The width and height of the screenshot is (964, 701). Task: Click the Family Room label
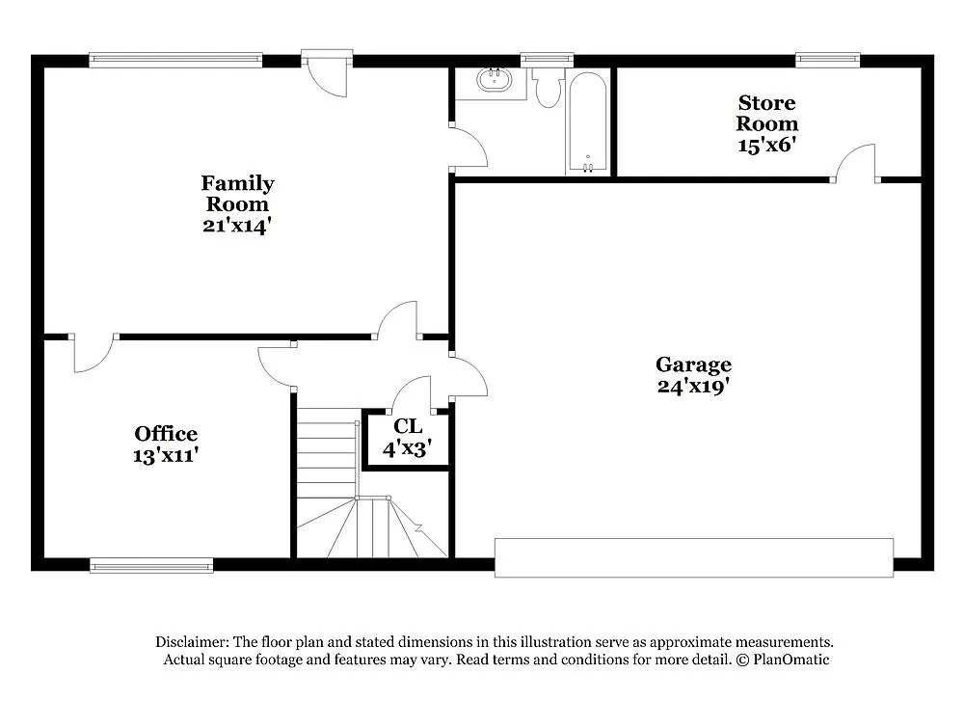click(x=237, y=193)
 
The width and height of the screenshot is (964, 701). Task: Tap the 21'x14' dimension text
click(x=237, y=226)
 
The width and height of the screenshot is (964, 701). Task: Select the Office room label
click(x=166, y=434)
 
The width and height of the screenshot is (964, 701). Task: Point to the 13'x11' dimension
click(x=166, y=455)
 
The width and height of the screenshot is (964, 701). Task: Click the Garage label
click(x=693, y=364)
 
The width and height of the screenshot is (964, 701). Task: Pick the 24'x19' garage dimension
click(x=693, y=387)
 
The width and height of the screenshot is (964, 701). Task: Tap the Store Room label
click(x=767, y=113)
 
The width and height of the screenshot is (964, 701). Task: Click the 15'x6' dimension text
click(x=767, y=145)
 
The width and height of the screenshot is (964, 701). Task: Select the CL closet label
click(x=408, y=426)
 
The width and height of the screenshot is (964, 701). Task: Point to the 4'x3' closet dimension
click(x=408, y=447)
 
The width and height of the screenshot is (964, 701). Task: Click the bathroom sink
click(x=496, y=79)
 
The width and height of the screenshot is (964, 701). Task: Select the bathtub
click(x=587, y=123)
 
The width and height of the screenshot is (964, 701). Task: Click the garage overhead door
click(x=694, y=557)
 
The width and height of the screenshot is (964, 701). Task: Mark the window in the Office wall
click(x=151, y=565)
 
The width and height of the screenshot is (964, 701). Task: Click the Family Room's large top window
click(x=175, y=60)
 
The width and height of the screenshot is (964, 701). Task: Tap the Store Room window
click(x=827, y=60)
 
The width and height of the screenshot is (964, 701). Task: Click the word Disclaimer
click(x=191, y=642)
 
